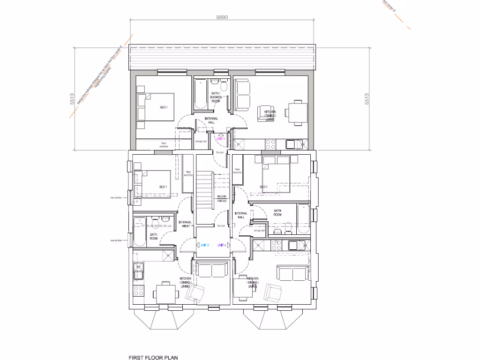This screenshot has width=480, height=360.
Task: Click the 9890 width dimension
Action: pyautogui.click(x=222, y=17)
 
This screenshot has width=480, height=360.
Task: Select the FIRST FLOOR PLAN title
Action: pyautogui.click(x=153, y=357)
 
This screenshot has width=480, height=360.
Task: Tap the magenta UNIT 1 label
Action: pyautogui.click(x=221, y=139)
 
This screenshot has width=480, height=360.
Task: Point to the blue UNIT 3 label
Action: pyautogui.click(x=204, y=245)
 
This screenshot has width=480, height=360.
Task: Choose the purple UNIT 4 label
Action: pyautogui.click(x=222, y=245)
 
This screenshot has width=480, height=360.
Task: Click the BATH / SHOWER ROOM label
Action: pyautogui.click(x=216, y=97)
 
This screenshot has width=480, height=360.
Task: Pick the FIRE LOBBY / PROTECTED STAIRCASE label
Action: pyautogui.click(x=222, y=199)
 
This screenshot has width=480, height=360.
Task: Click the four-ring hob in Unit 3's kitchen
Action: pyautogui.click(x=139, y=290)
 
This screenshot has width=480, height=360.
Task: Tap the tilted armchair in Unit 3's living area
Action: pyautogui.click(x=195, y=293)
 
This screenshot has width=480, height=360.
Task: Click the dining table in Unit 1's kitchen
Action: pyautogui.click(x=298, y=112)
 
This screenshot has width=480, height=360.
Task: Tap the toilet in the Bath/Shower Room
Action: pyautogui.click(x=224, y=87)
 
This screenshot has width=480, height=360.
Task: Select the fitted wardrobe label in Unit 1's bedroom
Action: pyautogui.click(x=164, y=145)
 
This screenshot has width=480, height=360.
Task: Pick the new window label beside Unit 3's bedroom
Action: pyautogui.click(x=116, y=198)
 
